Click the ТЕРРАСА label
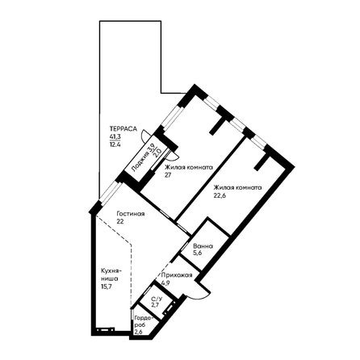tap(123, 128)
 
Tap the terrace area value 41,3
tap(115, 136)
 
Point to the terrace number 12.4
tap(115, 144)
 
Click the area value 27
tap(168, 175)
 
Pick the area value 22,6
tap(220, 195)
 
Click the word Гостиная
tap(131, 214)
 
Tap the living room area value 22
tap(120, 222)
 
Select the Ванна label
tap(203, 246)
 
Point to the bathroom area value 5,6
tap(198, 253)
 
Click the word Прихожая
tap(177, 275)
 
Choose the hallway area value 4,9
tap(165, 283)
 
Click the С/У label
tap(157, 299)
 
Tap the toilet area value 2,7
tap(155, 305)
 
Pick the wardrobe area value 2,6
tap(138, 332)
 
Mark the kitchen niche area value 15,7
tap(107, 287)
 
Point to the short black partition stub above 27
tap(218, 126)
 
